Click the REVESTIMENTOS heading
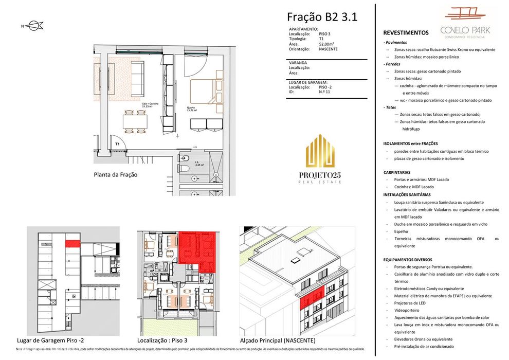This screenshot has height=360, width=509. tap(406, 32)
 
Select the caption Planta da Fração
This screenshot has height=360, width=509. tap(115, 174)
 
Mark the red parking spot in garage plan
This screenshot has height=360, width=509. tap(72, 243)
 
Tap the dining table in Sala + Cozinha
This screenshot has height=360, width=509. tap(135, 121)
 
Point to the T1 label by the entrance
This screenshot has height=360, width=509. tap(117, 144)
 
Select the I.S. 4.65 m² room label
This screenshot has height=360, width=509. tap(198, 164)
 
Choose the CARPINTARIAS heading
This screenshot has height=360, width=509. tap(402, 172)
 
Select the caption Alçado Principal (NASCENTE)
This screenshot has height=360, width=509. tap(278, 340)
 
